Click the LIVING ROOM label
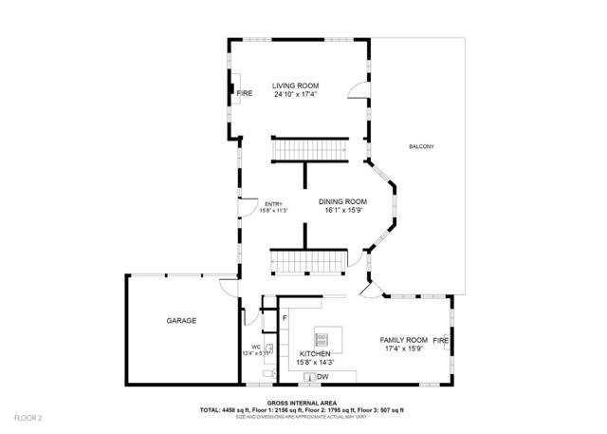[x=295, y=85]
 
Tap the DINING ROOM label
[x=341, y=201]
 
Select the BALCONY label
[x=422, y=145]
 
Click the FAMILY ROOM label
[x=404, y=339]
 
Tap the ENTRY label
[x=273, y=203]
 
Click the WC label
[x=256, y=347]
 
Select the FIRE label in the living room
[x=245, y=93]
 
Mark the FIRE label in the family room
[x=440, y=339]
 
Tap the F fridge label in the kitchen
[x=285, y=317]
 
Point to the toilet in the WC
[x=265, y=379]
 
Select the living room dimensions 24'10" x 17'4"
[x=295, y=94]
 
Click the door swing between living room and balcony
[x=358, y=89]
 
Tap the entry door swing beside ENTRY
[x=244, y=205]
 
